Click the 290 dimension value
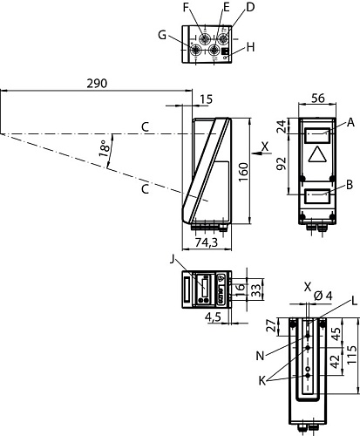click(98, 84)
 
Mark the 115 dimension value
click(351, 356)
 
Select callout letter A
click(350, 124)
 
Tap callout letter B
click(350, 184)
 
